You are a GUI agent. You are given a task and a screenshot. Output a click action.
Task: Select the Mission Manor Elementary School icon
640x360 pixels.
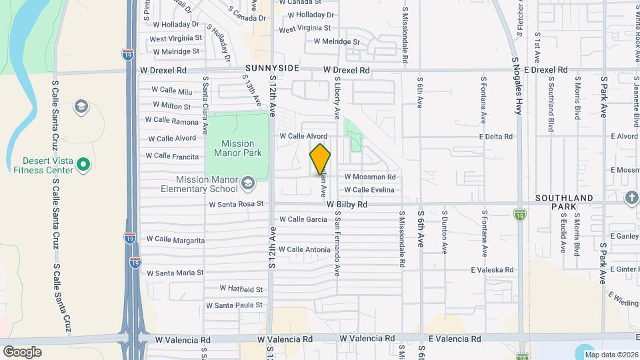tap(248, 183)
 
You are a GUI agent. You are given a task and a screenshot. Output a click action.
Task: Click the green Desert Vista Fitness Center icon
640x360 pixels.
tap(83, 163)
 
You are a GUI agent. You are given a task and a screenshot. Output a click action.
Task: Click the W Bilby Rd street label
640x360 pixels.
tap(347, 205)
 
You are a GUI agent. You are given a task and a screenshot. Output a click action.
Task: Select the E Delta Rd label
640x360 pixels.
tap(495, 137)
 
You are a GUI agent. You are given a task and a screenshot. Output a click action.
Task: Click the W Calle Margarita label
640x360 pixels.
tap(175, 239)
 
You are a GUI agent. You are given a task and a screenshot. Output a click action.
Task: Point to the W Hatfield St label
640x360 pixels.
tap(241, 289)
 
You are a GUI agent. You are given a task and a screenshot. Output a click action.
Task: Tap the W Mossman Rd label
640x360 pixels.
tap(370, 177)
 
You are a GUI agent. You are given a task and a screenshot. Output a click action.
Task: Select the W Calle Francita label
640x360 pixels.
tap(172, 156)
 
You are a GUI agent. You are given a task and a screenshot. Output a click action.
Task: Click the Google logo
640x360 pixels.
tap(22, 351)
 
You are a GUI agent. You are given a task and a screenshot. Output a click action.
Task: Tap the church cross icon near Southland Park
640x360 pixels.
tap(631, 197)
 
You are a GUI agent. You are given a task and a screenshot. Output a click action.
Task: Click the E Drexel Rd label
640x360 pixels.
tap(545, 69)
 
